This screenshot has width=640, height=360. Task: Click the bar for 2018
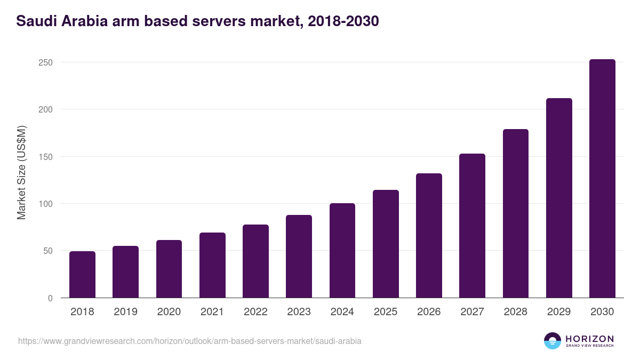(x=82, y=275)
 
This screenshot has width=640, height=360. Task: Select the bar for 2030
(x=602, y=179)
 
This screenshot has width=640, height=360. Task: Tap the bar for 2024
(x=342, y=251)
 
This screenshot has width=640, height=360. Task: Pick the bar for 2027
(x=472, y=226)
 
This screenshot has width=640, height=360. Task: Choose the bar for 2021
(x=212, y=265)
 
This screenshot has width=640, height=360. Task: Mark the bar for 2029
(x=559, y=198)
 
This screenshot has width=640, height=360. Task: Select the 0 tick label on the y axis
(x=50, y=298)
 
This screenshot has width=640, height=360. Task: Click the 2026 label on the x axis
(x=429, y=312)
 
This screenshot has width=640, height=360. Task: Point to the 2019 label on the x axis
(x=125, y=312)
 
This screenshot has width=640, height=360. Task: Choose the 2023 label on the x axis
(x=299, y=312)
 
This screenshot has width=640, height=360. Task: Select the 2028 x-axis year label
(x=516, y=312)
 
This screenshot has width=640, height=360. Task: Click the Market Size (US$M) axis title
(x=21, y=172)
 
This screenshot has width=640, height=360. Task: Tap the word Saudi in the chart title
(x=34, y=21)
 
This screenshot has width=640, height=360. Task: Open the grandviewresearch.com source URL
(x=190, y=341)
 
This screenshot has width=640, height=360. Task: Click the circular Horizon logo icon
(x=553, y=341)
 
